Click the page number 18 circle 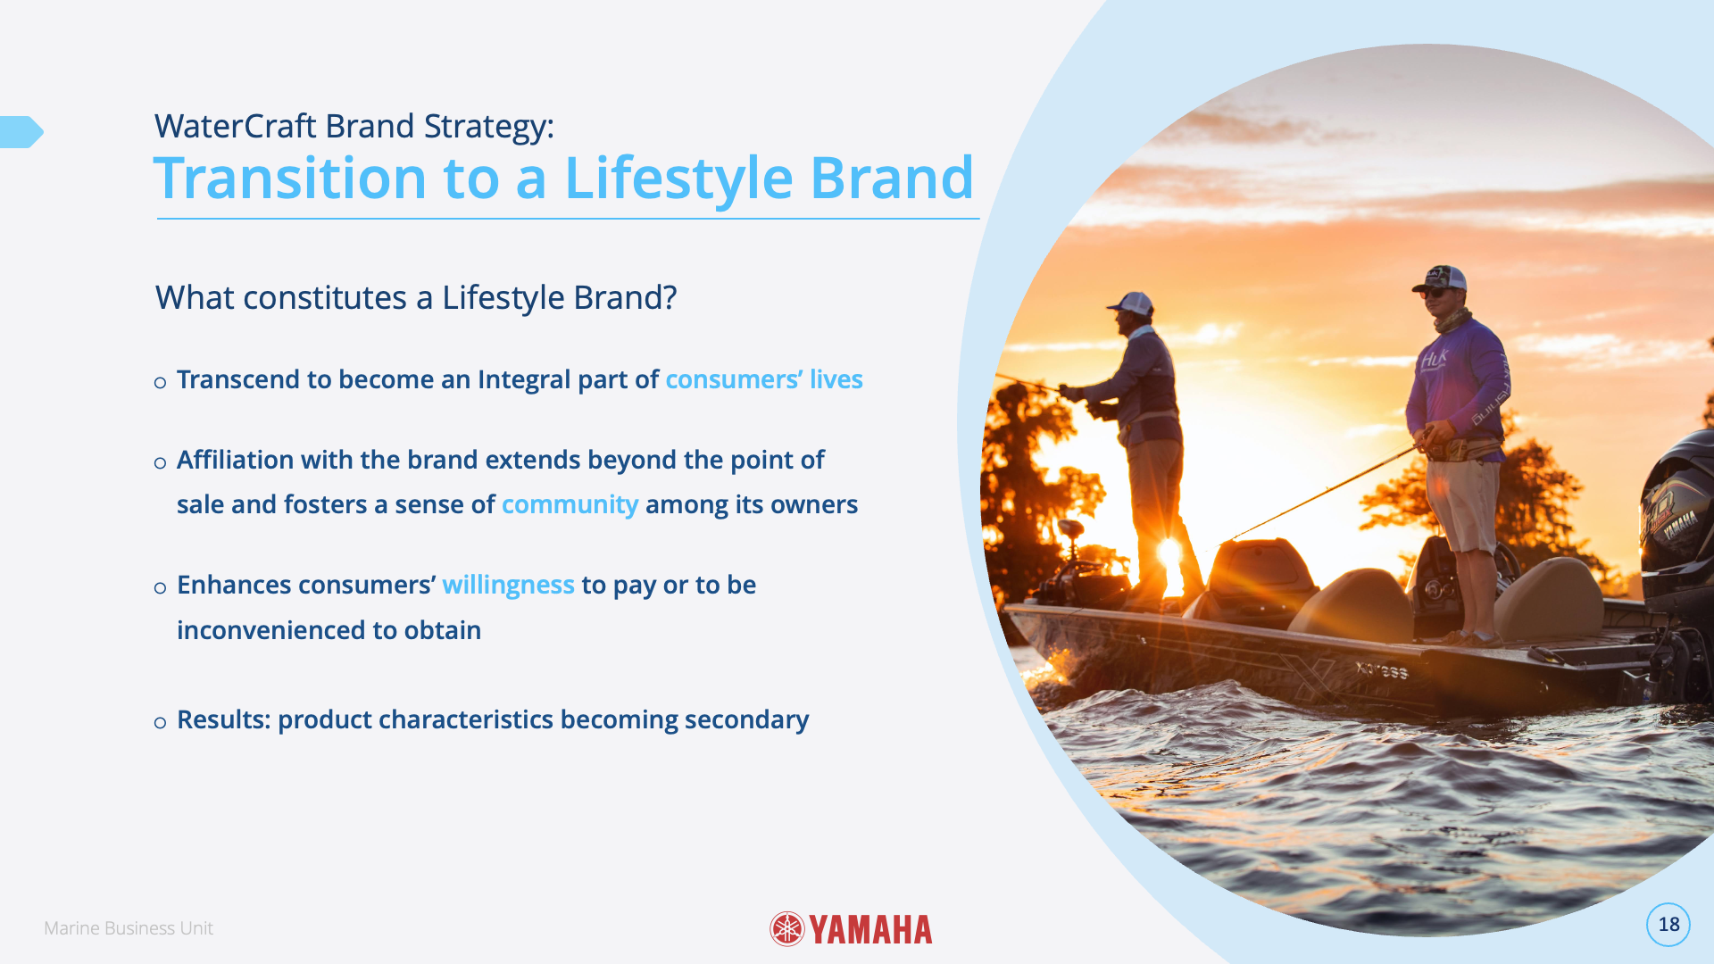[1668, 925]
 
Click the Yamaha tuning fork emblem [787, 929]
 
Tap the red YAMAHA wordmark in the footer [871, 930]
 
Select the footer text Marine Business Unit [129, 928]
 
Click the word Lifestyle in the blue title [678, 179]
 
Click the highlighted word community [570, 505]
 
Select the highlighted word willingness [508, 586]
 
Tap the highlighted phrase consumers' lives [764, 380]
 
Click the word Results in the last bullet [223, 719]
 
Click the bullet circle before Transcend [160, 383]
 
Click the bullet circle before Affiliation [160, 463]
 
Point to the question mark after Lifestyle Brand [670, 298]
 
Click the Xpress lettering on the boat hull [1381, 669]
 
